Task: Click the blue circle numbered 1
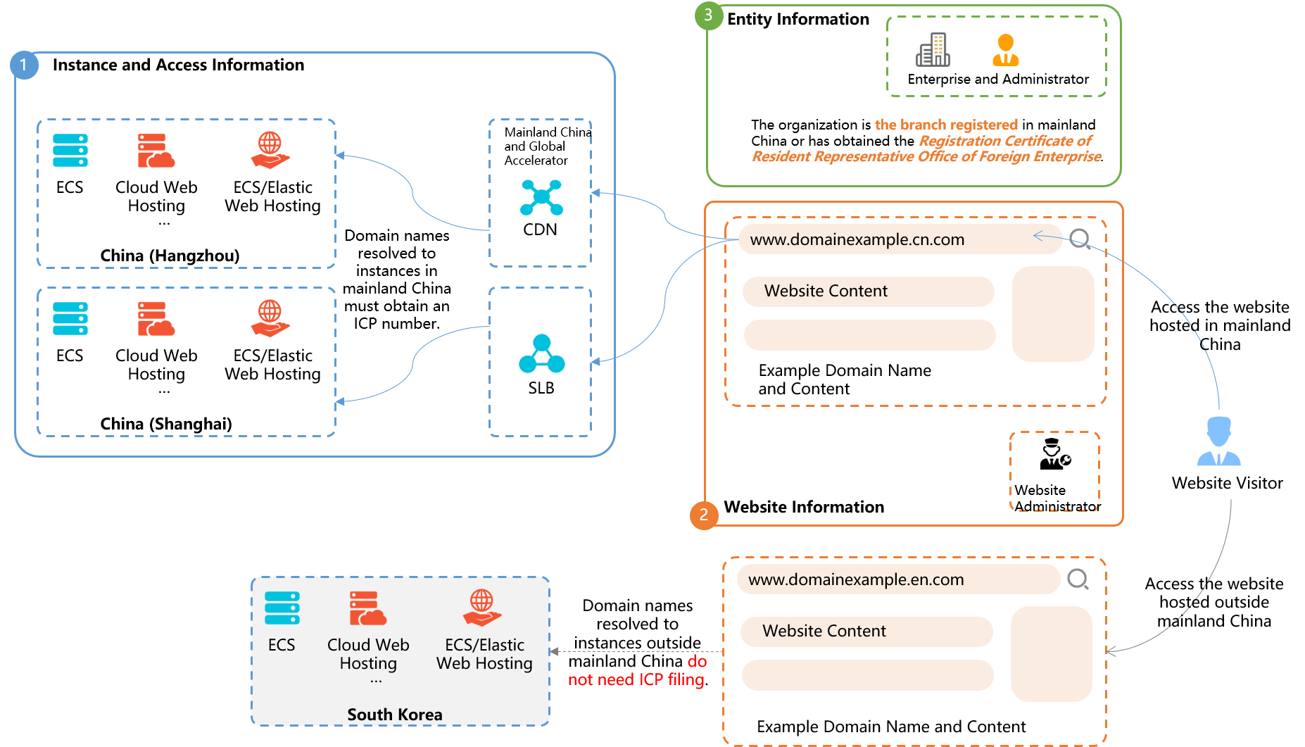tap(24, 65)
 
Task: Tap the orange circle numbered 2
tap(704, 515)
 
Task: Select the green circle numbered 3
tap(709, 15)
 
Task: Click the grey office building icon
tap(933, 50)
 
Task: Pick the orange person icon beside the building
tap(1006, 50)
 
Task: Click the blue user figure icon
tap(1219, 441)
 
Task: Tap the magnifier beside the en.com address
tap(1078, 579)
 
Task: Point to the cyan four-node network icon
tap(541, 197)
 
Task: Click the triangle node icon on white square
tap(541, 353)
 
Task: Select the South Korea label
tap(395, 715)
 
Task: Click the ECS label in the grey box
tap(282, 645)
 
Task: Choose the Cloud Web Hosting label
tap(368, 654)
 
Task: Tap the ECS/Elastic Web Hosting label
tap(484, 654)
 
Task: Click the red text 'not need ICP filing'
tap(636, 679)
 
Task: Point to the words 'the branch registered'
tap(946, 125)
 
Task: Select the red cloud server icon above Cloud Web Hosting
tap(367, 608)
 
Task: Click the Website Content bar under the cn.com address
tap(868, 291)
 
